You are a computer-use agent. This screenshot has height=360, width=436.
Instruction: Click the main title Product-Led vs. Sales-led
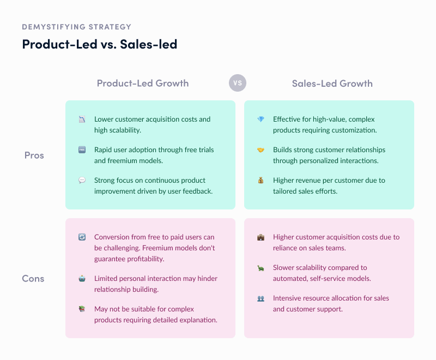[x=99, y=44]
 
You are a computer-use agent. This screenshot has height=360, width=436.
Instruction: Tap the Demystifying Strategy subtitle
[x=76, y=27]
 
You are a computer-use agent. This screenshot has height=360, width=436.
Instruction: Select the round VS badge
[x=238, y=83]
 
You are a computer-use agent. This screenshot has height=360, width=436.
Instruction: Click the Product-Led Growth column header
[x=143, y=83]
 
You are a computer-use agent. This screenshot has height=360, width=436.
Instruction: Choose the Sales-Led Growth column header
[x=332, y=83]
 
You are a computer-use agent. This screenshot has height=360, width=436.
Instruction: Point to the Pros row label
[x=34, y=155]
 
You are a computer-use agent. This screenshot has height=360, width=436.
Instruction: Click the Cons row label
[x=33, y=279]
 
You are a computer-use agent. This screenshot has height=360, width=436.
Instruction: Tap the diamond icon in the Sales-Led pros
[x=261, y=119]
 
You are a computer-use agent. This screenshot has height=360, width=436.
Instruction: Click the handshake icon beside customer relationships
[x=261, y=150]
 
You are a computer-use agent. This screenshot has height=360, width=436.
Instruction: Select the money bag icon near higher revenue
[x=261, y=181]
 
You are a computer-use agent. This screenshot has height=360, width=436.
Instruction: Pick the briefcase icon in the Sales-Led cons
[x=261, y=237]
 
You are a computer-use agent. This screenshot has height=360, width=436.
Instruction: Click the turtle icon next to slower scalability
[x=261, y=268]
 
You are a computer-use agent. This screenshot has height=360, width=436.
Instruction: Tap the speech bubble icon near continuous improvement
[x=82, y=181]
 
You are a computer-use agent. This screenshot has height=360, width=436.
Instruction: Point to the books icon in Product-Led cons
[x=82, y=309]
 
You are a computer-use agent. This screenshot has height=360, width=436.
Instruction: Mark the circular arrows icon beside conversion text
[x=82, y=237]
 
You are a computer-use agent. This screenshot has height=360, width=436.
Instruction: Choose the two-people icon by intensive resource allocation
[x=261, y=298]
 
